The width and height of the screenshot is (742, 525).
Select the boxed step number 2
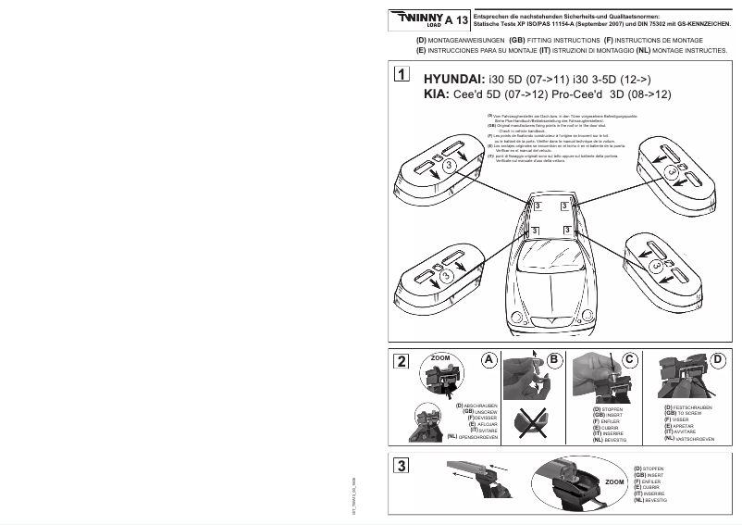tap(399, 361)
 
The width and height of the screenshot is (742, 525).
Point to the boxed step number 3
tap(399, 465)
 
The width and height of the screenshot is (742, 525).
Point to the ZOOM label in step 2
tap(440, 356)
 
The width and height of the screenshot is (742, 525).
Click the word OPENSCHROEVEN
tap(479, 435)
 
